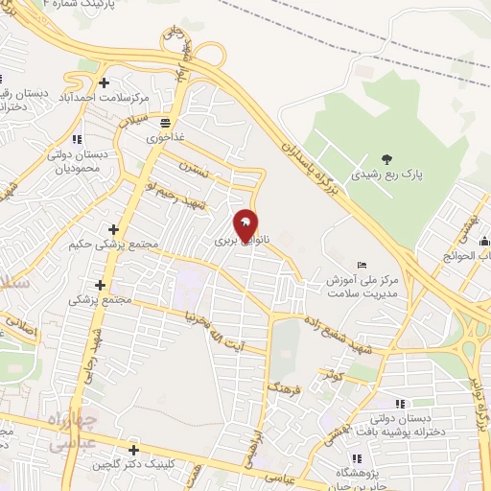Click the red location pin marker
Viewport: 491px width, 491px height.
click(246, 226)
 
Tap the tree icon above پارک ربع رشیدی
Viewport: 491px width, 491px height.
click(386, 159)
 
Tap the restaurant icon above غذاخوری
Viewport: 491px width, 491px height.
click(166, 123)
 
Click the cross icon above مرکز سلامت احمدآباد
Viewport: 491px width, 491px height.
click(105, 82)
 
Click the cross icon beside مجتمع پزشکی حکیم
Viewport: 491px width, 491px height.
click(114, 229)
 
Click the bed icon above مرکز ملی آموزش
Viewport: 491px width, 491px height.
click(361, 264)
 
